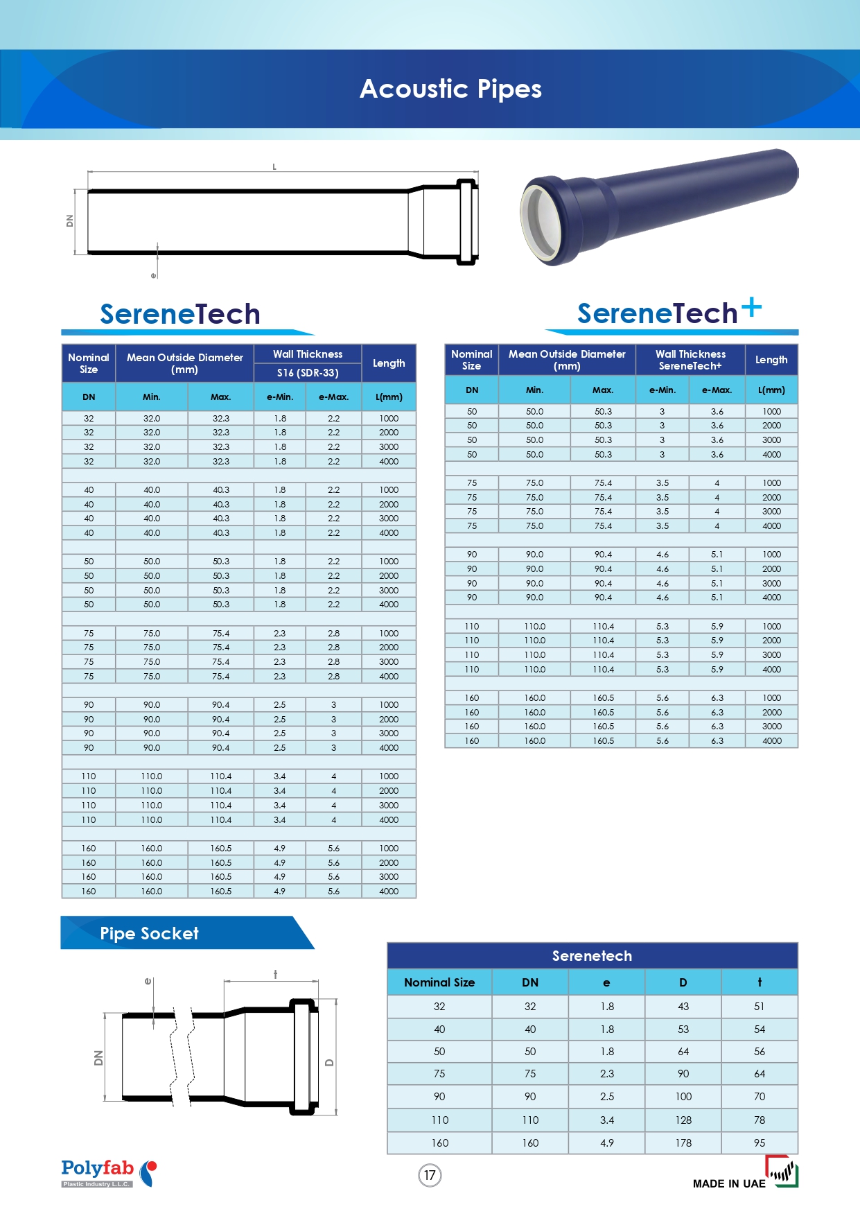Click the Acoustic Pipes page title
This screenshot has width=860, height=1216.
[x=450, y=89]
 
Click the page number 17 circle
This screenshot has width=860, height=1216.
[x=430, y=1175]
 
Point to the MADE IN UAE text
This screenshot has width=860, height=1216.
[x=729, y=1183]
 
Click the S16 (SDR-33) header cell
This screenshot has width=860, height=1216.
[x=308, y=373]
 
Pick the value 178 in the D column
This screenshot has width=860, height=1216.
[x=683, y=1143]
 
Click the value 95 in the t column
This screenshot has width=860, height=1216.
[x=760, y=1143]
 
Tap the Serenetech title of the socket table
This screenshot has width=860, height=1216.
[x=592, y=956]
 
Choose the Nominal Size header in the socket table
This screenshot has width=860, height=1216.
[x=439, y=982]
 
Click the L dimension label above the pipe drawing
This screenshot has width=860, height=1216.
[x=274, y=167]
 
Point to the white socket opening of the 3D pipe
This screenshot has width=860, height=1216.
[x=543, y=225]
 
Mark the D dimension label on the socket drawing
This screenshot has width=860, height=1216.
[x=329, y=1063]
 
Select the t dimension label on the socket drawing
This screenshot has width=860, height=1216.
[x=276, y=974]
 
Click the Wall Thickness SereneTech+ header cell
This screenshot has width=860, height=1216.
[x=690, y=360]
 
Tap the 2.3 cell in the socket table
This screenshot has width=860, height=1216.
[x=607, y=1074]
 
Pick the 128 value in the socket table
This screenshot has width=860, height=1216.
[x=683, y=1120]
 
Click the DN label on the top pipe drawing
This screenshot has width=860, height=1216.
[x=69, y=220]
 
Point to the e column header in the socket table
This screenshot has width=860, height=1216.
[x=606, y=982]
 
